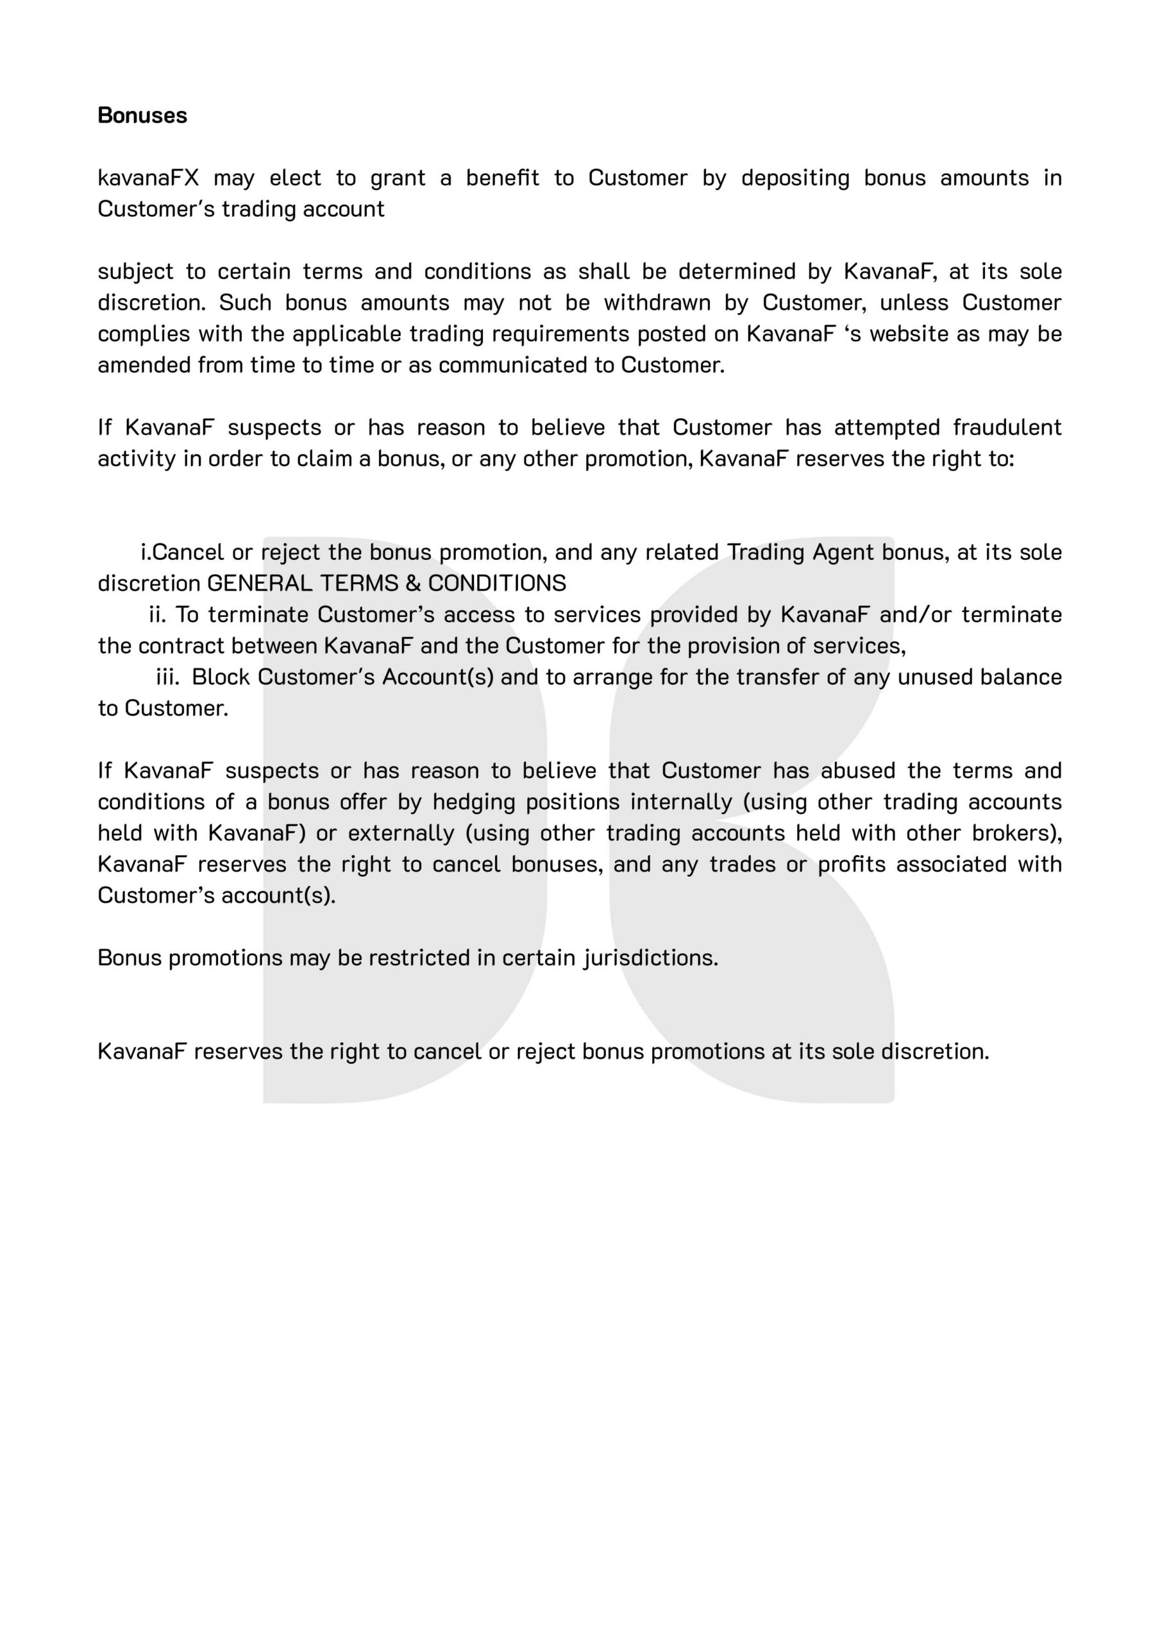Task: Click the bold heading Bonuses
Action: (142, 115)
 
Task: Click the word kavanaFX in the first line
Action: (148, 178)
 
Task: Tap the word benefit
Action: (502, 178)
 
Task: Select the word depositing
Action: (795, 178)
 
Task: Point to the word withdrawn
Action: (657, 303)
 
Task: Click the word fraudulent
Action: (1007, 427)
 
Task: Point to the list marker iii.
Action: (167, 677)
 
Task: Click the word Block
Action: (221, 677)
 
